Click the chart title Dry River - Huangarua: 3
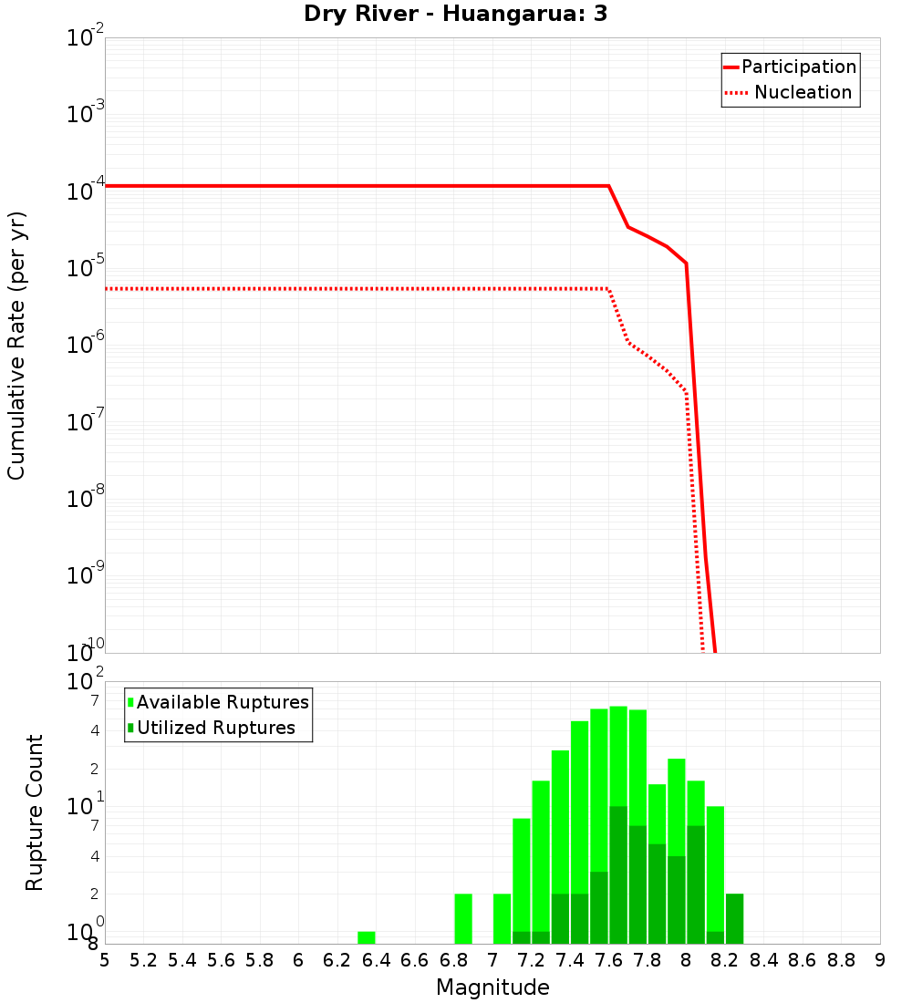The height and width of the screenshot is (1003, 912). (x=455, y=15)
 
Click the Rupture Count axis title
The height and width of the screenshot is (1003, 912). (x=35, y=812)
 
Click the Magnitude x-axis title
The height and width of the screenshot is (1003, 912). (x=492, y=987)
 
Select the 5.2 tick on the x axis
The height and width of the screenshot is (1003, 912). (x=143, y=960)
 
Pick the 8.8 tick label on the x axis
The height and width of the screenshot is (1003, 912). (x=841, y=960)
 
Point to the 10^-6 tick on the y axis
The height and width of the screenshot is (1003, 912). (x=86, y=345)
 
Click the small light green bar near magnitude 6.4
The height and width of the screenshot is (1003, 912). (x=367, y=937)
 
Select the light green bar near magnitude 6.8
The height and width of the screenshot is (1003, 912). (x=463, y=918)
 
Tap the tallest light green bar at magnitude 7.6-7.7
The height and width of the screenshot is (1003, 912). (x=618, y=757)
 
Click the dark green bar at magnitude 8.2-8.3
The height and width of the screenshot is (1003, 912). (x=734, y=918)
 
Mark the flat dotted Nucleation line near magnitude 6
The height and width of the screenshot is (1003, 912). (x=298, y=288)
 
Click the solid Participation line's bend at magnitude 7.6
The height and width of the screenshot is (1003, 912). (x=608, y=186)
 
